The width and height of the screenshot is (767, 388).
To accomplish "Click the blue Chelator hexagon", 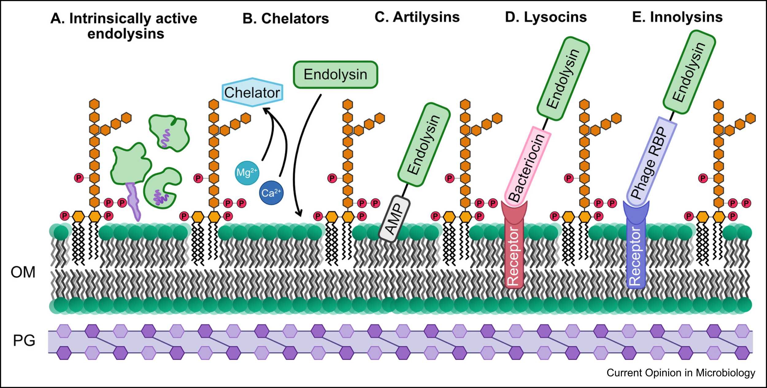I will coord(252,92).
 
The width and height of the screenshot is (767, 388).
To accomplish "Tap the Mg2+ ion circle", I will coord(247,173).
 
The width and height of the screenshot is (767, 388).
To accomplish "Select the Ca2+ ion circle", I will coord(271,193).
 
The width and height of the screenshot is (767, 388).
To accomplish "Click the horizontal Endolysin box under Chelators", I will coord(335,75).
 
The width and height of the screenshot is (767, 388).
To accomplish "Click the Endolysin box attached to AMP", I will coord(424,145).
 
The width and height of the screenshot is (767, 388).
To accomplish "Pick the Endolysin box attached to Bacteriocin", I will coord(563,78).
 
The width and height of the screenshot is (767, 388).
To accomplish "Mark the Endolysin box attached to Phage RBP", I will coord(689,72).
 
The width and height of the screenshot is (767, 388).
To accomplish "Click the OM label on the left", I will coord(23,272).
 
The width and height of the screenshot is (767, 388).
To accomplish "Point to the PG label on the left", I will coord(24,340).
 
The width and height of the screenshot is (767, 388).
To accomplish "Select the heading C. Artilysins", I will coord(417,17).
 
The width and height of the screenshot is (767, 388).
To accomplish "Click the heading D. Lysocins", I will coord(546,17).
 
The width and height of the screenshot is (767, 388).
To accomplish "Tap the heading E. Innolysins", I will coord(677,17).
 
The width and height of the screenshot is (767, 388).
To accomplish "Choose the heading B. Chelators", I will coord(286,19).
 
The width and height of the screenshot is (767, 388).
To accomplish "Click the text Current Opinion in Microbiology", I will coord(681,373).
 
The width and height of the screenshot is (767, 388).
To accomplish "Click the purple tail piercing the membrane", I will coord(134,201).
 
